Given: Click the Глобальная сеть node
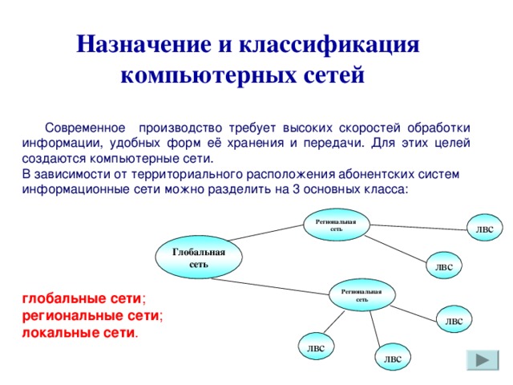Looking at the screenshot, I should click(x=199, y=257).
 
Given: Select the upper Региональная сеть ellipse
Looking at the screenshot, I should click(x=336, y=224).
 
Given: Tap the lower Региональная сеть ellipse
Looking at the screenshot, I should click(x=362, y=294).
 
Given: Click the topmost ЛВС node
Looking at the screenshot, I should click(x=484, y=229).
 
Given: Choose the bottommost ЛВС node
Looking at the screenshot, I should click(x=393, y=359).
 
